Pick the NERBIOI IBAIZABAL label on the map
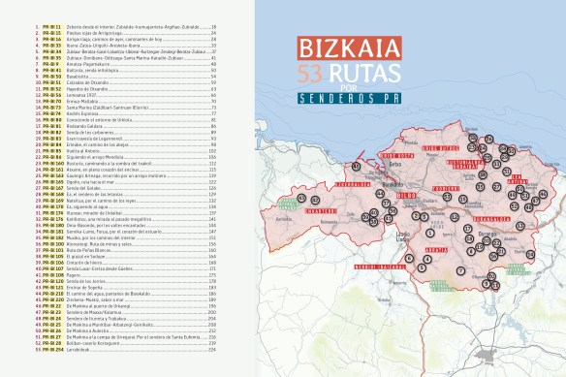pos(350,266)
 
